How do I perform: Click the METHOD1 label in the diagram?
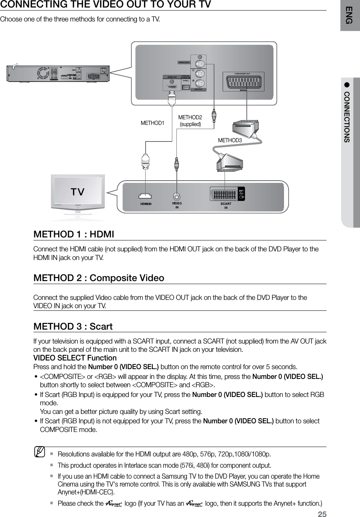pos(152,123)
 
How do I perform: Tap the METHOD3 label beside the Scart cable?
pos(230,140)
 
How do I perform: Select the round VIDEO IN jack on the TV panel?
pos(177,196)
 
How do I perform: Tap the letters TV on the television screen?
pos(78,192)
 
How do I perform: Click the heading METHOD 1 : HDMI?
pos(74,234)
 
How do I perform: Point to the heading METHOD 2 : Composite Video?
pos(99,278)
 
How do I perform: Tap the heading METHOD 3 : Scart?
pos(73,326)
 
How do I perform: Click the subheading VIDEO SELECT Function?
pos(75,358)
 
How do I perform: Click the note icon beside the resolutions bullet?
pos(39,450)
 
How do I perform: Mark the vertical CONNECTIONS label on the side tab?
pos(347,117)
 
